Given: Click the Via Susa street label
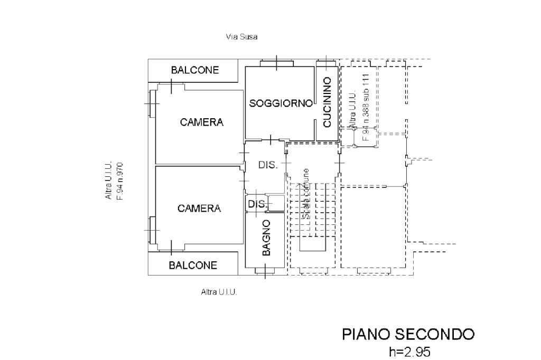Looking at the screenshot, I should pos(241,37).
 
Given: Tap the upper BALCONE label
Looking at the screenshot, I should pos(194,71).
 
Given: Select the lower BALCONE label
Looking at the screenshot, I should pos(193,265).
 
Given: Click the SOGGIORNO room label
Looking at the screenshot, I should pos(281,103).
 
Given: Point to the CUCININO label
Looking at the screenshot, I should pos(327,102).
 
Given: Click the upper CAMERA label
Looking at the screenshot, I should pos(201,122).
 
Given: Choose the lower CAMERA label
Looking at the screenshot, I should pos(199,209).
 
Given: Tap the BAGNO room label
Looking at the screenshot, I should pos(266,238).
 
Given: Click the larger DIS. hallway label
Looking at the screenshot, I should pos(268,165).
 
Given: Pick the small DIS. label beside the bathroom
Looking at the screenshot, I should pos(256,204).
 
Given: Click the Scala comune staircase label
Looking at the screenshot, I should pos(305,194).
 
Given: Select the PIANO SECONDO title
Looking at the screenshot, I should pos(408,334).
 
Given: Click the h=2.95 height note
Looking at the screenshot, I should pos(409,352).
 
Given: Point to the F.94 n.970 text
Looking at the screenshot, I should pos(120,181).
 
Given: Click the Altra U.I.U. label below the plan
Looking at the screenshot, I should pos(219,292).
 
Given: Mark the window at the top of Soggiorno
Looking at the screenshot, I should pos(277,63).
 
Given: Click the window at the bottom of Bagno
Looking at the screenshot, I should pos(265,272).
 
